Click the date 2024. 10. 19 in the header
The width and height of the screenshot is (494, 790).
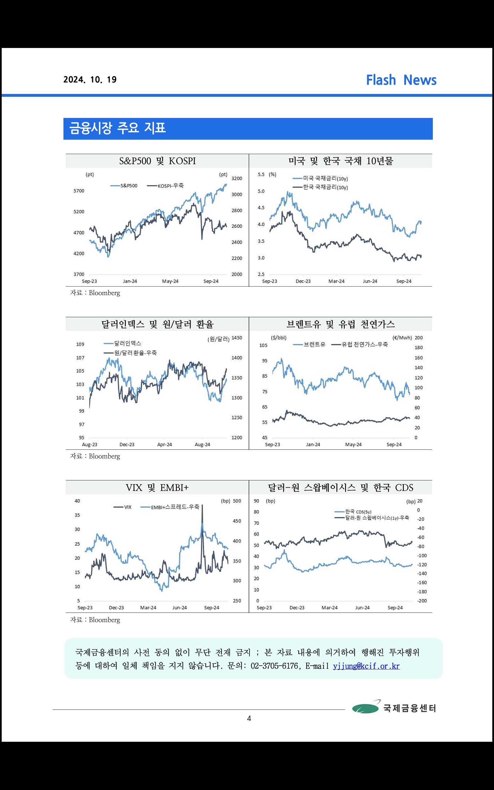coord(90,80)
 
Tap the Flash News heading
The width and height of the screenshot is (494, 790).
coord(401,80)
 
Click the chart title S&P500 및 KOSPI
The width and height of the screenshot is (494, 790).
coord(157,161)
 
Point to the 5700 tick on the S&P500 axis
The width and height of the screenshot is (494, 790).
coord(79,191)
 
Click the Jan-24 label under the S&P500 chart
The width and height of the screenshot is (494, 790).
coord(130,281)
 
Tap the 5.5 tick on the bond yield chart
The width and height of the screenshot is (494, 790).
coord(261,175)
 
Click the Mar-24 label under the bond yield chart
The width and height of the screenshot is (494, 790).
coord(336,281)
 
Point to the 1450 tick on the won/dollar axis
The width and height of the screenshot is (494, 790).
coord(237,338)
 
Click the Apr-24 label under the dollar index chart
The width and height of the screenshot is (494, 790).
coord(164,445)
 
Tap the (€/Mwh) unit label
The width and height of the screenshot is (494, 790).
coord(402,338)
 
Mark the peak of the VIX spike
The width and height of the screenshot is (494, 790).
coord(202,505)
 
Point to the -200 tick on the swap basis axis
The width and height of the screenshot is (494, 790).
coord(422,601)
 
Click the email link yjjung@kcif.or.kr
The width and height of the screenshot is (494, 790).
coord(366,666)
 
